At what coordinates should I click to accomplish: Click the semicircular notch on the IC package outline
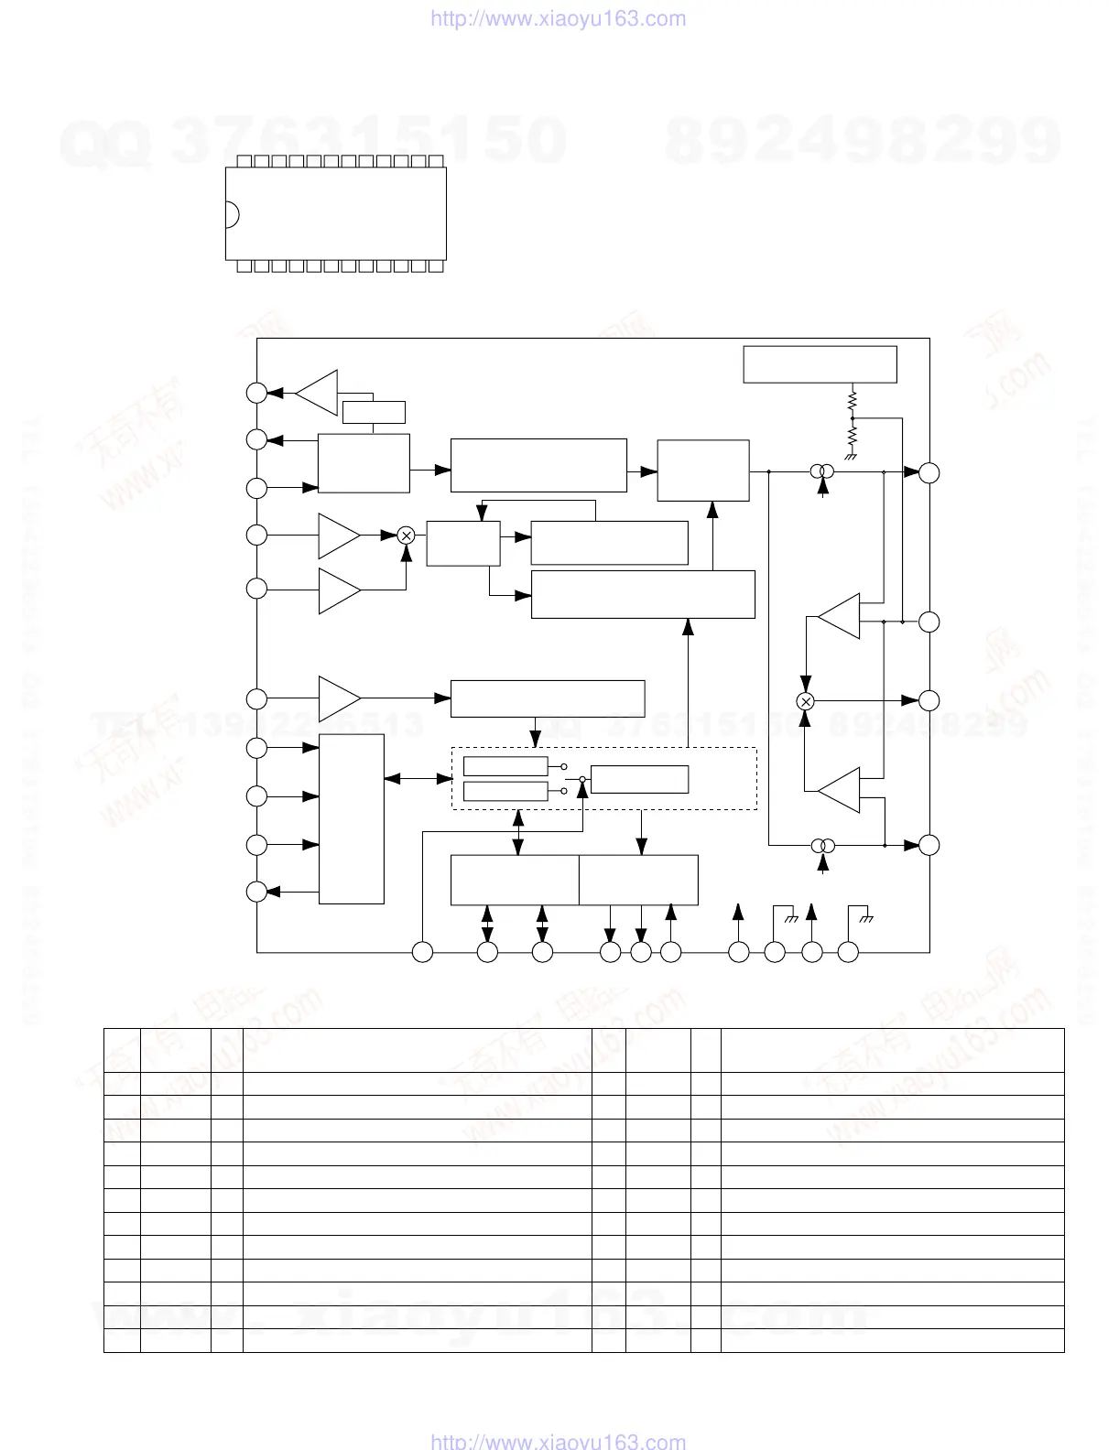coord(232,214)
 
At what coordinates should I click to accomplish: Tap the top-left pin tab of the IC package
coord(244,161)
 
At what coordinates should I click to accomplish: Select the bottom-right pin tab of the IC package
coord(435,265)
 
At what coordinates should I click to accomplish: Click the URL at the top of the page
coord(558,19)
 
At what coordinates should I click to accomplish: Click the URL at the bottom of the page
coord(558,1442)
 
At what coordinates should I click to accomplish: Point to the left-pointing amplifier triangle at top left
coord(317,393)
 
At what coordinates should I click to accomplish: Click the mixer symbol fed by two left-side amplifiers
coord(407,536)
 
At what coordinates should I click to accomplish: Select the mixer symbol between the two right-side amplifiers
coord(806,700)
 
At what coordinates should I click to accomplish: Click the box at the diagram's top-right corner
coord(820,364)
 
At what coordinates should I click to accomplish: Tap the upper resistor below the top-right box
coord(852,400)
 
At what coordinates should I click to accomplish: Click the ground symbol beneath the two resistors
coord(851,455)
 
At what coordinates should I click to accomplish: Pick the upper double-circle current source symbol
coord(822,472)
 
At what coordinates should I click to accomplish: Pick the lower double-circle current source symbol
coord(822,846)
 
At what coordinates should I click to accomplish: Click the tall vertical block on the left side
coord(352,819)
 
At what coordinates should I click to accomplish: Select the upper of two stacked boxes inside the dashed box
coord(505,766)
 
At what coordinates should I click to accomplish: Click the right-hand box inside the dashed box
coord(639,779)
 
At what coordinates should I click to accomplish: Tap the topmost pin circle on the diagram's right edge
coord(929,472)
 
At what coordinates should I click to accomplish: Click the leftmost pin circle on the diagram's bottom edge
coord(422,952)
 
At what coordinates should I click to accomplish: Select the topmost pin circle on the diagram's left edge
coord(257,393)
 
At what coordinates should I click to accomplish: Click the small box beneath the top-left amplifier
coord(374,412)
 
